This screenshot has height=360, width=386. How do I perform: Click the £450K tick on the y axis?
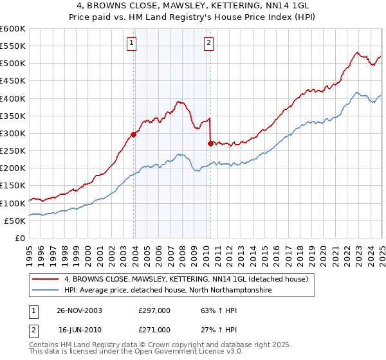(12, 81)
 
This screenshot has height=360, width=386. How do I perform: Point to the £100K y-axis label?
(12, 203)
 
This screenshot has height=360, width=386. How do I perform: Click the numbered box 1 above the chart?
(131, 44)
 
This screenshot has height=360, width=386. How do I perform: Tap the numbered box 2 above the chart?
(210, 44)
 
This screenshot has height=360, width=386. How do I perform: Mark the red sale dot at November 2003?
(134, 134)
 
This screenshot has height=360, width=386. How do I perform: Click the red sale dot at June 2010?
(210, 143)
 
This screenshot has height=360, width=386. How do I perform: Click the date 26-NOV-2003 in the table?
(80, 310)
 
